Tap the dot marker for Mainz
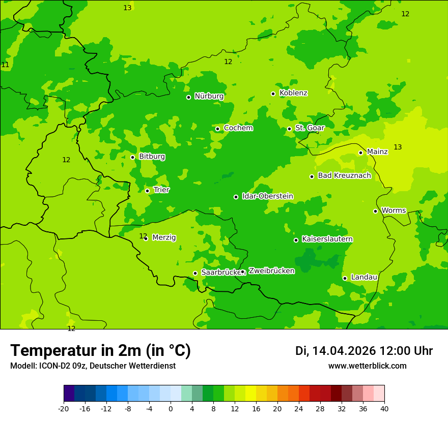pyautogui.click(x=360, y=153)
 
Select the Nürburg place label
pyautogui.click(x=209, y=96)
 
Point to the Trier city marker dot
pyautogui.click(x=147, y=191)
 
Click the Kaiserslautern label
pyautogui.click(x=327, y=239)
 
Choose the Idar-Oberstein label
pyautogui.click(x=267, y=196)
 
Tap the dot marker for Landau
pyautogui.click(x=345, y=278)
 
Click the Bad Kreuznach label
pyautogui.click(x=344, y=175)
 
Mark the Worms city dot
pyautogui.click(x=375, y=211)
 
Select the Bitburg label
pyautogui.click(x=152, y=157)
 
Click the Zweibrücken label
pyautogui.click(x=271, y=271)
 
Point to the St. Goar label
pyautogui.click(x=310, y=128)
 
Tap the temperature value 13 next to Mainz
pyautogui.click(x=398, y=147)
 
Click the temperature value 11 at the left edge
pyautogui.click(x=5, y=65)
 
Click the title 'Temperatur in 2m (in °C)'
pyautogui.click(x=100, y=351)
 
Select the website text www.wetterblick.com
pyautogui.click(x=367, y=366)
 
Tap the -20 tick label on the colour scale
pyautogui.click(x=64, y=409)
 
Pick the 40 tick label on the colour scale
pyautogui.click(x=384, y=409)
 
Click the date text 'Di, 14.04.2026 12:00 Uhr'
pyautogui.click(x=363, y=351)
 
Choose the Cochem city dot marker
pyautogui.click(x=217, y=129)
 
